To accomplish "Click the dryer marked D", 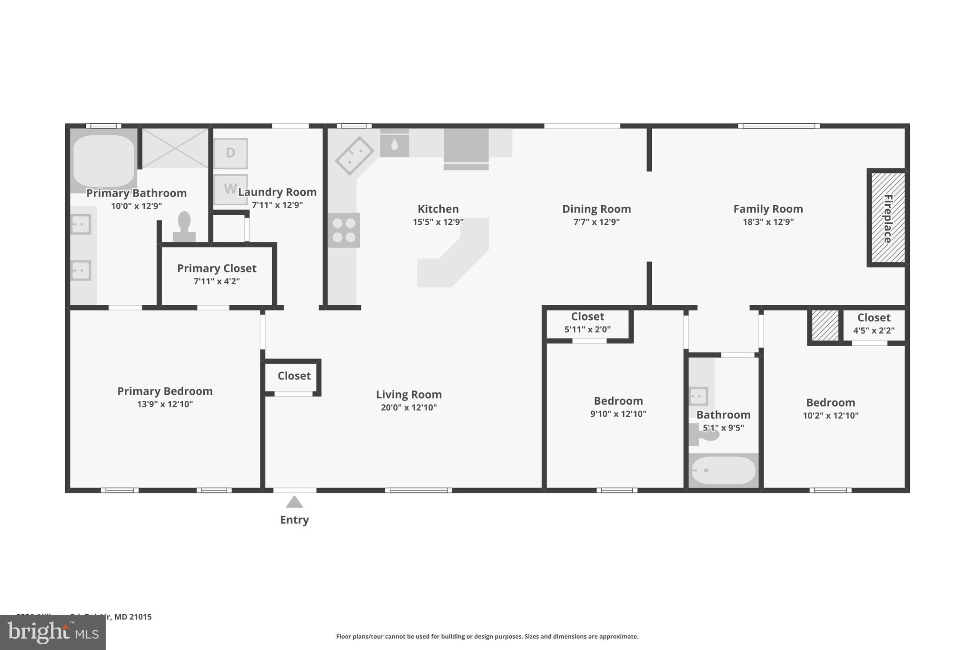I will tap(230, 153).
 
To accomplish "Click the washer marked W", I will tap(230, 189).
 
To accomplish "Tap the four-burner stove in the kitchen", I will tap(344, 230).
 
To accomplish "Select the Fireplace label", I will tap(887, 219).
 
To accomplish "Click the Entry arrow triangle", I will tap(294, 502).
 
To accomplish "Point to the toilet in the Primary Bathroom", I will tap(184, 227).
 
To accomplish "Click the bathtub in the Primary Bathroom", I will tap(103, 161).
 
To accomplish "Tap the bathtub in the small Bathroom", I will tap(723, 470).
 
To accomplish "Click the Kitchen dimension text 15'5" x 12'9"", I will tap(438, 222).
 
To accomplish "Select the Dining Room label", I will tap(597, 209).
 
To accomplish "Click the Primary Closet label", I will tap(217, 268).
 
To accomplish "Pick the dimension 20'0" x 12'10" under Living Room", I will tap(408, 407).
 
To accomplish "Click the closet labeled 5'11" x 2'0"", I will tap(587, 323).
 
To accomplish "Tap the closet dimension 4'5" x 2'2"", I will tap(874, 330).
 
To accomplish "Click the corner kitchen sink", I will tap(355, 156).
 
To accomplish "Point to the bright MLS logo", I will tap(53, 632).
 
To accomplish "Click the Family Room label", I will tap(768, 209).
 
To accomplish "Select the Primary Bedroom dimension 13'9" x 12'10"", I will tap(165, 404).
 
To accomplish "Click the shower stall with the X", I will tap(175, 148).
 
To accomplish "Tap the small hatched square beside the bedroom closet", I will tap(825, 326).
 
